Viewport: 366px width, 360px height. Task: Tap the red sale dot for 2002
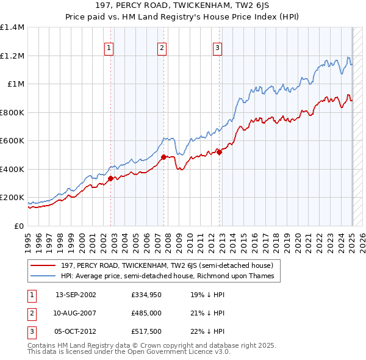pyautogui.click(x=110, y=178)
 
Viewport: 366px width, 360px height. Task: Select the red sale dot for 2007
pyautogui.click(x=163, y=157)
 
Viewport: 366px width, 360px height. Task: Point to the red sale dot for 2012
pyautogui.click(x=219, y=153)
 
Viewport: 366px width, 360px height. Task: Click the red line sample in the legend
pyautogui.click(x=43, y=265)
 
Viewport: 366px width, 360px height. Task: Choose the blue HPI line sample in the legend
pyautogui.click(x=43, y=276)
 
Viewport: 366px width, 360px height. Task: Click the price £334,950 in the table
pyautogui.click(x=145, y=295)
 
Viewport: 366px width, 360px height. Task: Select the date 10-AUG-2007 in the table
pyautogui.click(x=76, y=314)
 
